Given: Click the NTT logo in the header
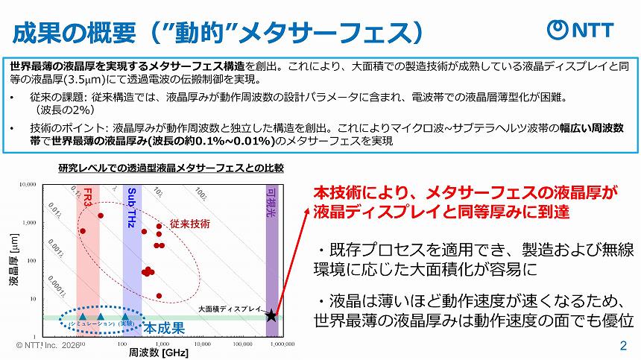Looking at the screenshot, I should [x=581, y=29].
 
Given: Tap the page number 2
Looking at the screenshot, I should [x=623, y=347].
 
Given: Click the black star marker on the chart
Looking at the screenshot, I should [x=271, y=315].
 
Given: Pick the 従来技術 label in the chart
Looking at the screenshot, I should [x=190, y=223].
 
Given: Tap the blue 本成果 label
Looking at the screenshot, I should [x=163, y=328].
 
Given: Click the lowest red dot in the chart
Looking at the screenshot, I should [x=159, y=296].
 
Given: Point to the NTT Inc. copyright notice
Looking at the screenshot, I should [x=45, y=347].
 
